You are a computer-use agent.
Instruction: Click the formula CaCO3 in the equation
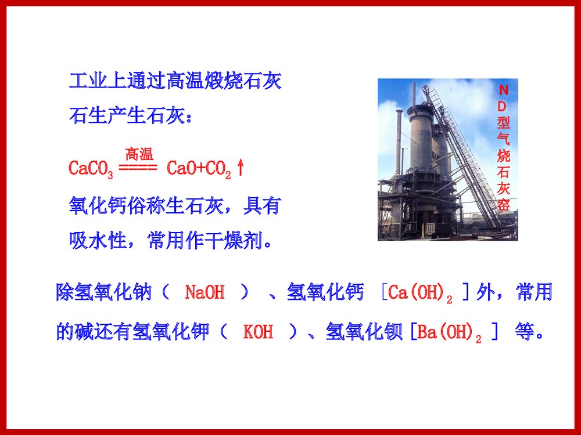pos(91,169)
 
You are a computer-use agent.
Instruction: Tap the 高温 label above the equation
pos(139,154)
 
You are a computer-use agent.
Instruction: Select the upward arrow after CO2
pos(241,168)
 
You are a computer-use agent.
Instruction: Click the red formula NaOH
pos(205,292)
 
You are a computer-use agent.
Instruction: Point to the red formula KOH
pos(258,333)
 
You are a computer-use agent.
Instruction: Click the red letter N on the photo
pos(504,90)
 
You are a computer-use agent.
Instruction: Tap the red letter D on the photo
pos(504,106)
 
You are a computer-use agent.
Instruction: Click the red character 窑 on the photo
pos(504,205)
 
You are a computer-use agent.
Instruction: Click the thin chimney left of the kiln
pos(399,139)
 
